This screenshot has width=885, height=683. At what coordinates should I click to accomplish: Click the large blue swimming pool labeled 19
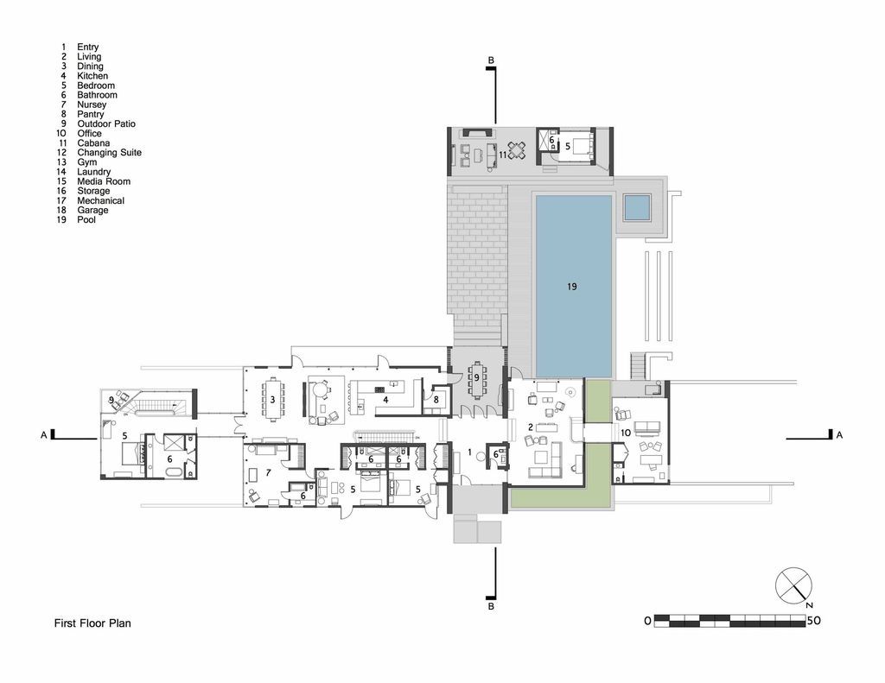click(573, 286)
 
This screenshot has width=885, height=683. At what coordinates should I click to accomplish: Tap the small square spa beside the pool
click(638, 207)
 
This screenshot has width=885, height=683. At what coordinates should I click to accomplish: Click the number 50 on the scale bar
click(813, 621)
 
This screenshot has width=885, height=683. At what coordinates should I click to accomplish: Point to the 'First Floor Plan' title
click(92, 623)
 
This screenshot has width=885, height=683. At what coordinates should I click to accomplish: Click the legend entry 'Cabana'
click(93, 142)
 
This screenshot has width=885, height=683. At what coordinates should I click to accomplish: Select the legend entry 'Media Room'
click(104, 181)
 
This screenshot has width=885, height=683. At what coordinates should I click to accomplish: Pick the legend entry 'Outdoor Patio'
click(106, 123)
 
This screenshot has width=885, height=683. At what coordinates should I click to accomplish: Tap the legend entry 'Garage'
click(92, 210)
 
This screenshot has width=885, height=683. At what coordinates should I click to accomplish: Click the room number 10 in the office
click(626, 433)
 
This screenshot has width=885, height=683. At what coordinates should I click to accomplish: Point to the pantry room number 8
click(436, 399)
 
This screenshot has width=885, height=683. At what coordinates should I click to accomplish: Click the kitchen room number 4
click(385, 400)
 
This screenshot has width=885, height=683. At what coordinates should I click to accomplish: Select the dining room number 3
click(272, 400)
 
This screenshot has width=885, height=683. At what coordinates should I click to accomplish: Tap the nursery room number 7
click(269, 472)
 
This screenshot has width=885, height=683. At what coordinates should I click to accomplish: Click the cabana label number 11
click(502, 154)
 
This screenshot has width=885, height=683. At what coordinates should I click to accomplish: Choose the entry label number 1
click(469, 452)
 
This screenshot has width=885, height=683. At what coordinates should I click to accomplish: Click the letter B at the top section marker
click(491, 60)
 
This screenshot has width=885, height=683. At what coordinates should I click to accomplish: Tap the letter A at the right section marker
click(839, 435)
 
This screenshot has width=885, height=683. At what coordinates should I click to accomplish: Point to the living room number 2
click(531, 427)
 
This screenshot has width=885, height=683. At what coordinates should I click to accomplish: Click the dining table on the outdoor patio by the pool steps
click(477, 378)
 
